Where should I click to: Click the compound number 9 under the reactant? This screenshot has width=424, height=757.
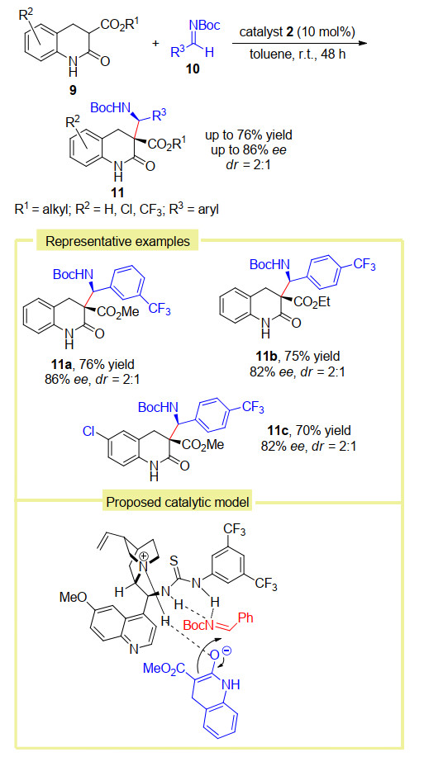coord(73,91)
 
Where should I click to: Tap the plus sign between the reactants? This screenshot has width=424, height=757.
coord(155,44)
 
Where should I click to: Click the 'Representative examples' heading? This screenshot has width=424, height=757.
coord(117,241)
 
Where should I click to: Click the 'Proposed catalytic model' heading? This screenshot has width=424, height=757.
coord(178,502)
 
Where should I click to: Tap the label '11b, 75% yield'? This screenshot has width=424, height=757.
coord(298,357)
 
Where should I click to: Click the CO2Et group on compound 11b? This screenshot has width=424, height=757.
coord(312,304)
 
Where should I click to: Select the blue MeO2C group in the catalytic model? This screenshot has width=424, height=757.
coord(161,669)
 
